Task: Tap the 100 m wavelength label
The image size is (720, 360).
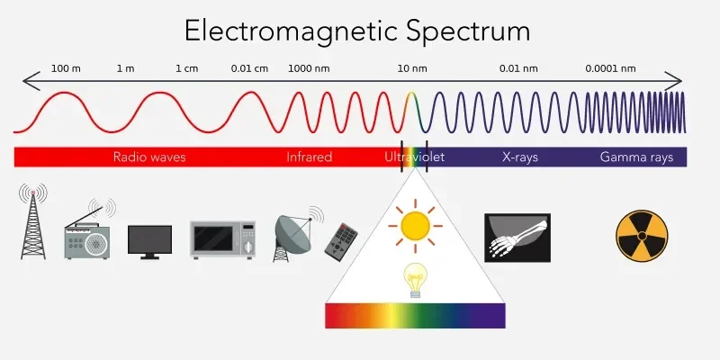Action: (66, 69)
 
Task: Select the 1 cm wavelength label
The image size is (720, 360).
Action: (187, 69)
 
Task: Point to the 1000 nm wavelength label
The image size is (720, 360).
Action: (309, 69)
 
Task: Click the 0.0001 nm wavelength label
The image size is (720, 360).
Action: (610, 69)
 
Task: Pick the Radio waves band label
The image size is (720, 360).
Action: (149, 157)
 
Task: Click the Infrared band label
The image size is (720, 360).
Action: (309, 157)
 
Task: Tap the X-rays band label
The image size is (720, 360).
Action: (520, 157)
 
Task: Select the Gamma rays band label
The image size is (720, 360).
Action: (636, 157)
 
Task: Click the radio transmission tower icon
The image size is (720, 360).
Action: (33, 221)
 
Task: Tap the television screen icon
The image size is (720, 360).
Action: (149, 242)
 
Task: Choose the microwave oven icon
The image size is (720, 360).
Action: (223, 239)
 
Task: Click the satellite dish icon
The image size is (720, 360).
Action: (295, 234)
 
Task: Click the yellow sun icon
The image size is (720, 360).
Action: (415, 226)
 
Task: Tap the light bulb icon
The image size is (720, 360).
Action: (415, 280)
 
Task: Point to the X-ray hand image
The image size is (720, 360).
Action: (517, 238)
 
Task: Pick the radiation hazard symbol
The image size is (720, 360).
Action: (642, 236)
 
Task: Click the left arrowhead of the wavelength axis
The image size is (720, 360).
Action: (29, 81)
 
